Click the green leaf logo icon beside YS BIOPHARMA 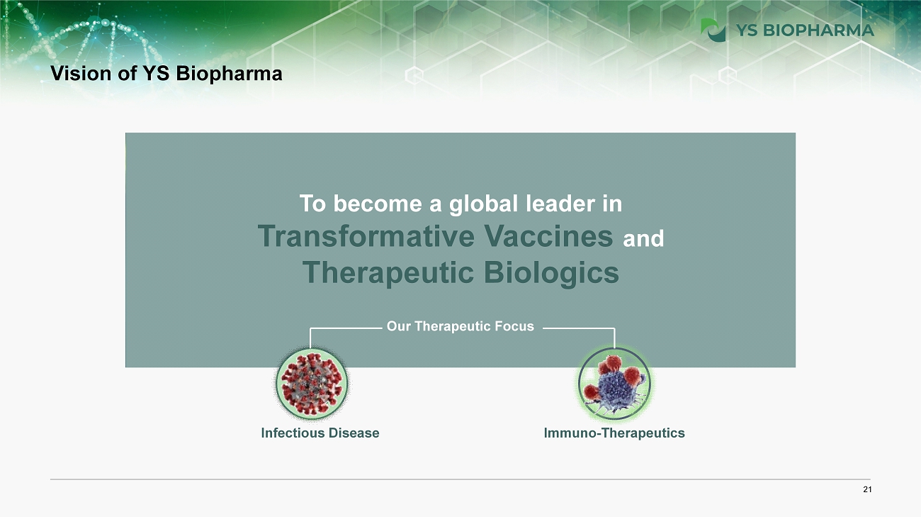(713, 30)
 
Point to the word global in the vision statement (483, 204)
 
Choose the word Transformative (367, 236)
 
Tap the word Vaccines (548, 236)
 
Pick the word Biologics (551, 273)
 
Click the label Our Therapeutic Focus (460, 326)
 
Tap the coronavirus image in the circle (312, 384)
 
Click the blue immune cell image (614, 384)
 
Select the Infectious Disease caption (320, 433)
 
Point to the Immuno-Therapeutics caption (614, 433)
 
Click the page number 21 (867, 489)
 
